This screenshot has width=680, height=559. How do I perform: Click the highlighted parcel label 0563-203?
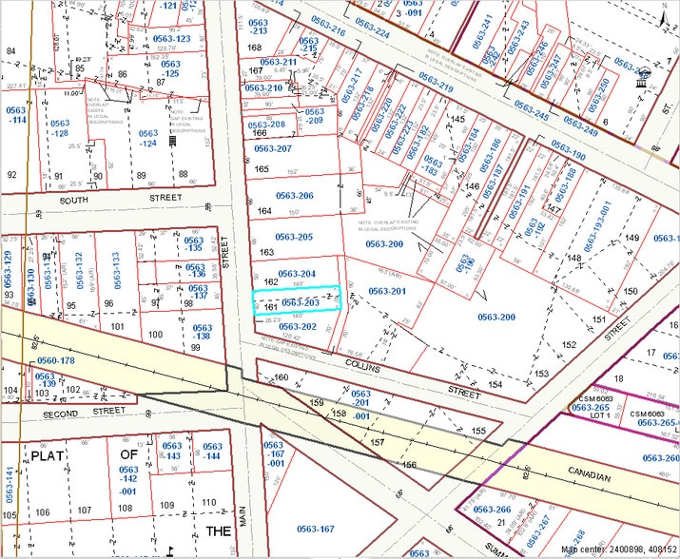tap(300, 302)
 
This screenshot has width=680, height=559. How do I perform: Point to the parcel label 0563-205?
tap(294, 237)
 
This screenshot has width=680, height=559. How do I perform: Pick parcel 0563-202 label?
tap(296, 326)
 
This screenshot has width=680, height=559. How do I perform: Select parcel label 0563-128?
tap(59, 128)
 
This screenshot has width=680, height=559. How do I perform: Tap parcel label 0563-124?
tap(147, 139)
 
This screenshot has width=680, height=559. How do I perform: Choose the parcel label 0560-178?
tap(54, 360)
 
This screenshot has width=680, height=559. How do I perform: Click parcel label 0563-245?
tap(534, 107)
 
